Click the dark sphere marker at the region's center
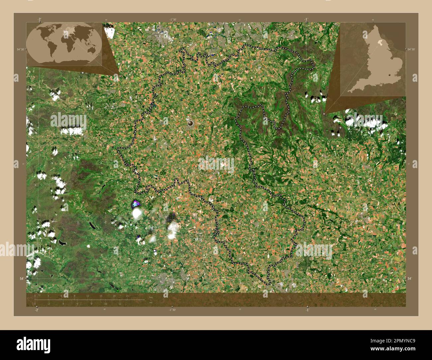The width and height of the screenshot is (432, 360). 190,123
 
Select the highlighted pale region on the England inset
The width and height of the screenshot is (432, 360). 379,43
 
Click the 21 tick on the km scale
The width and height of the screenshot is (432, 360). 127,296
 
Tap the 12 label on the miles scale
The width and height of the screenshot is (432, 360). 120,304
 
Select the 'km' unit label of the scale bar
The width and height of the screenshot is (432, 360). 151,297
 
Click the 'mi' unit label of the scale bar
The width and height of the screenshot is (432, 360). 151,303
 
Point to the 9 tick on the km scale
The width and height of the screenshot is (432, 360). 74,296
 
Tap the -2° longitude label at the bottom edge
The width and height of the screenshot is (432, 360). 36,310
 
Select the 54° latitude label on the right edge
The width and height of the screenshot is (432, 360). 410,278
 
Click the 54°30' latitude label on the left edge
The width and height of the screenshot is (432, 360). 21,49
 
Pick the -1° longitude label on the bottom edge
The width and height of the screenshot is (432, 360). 307,310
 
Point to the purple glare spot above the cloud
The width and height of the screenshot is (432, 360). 136,203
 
